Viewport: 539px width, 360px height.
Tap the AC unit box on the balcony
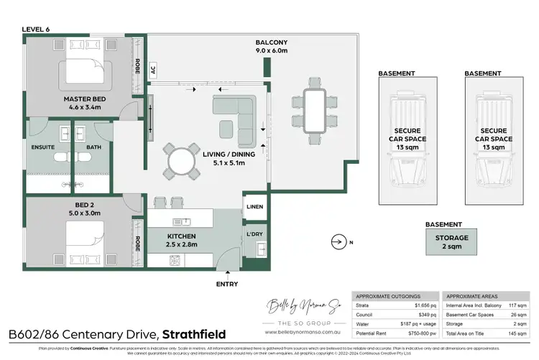click(x=152, y=70)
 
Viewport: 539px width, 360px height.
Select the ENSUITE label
click(x=43, y=147)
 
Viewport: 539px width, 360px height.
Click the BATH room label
click(x=94, y=147)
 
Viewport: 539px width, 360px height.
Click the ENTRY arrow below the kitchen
click(x=228, y=272)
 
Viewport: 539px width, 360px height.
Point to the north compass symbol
click(x=340, y=242)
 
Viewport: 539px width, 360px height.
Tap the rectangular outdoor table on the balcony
click(x=313, y=108)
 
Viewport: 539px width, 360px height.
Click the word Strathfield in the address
click(x=193, y=334)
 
